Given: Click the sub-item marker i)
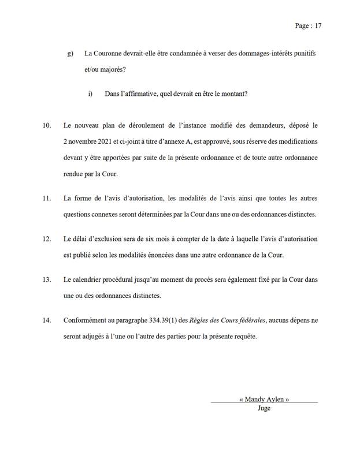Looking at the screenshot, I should (x=90, y=93).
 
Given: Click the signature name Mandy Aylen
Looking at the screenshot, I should (x=263, y=399).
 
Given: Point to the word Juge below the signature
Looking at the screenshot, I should (x=263, y=408).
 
